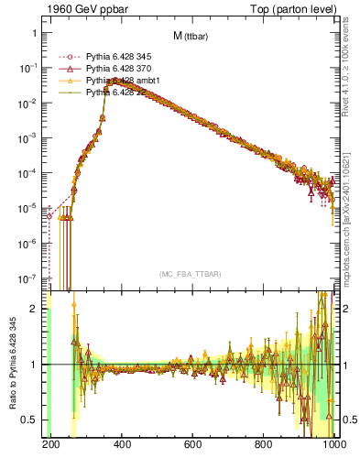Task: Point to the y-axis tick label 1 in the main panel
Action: click(x=34, y=33)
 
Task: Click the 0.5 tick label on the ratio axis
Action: click(x=29, y=420)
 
